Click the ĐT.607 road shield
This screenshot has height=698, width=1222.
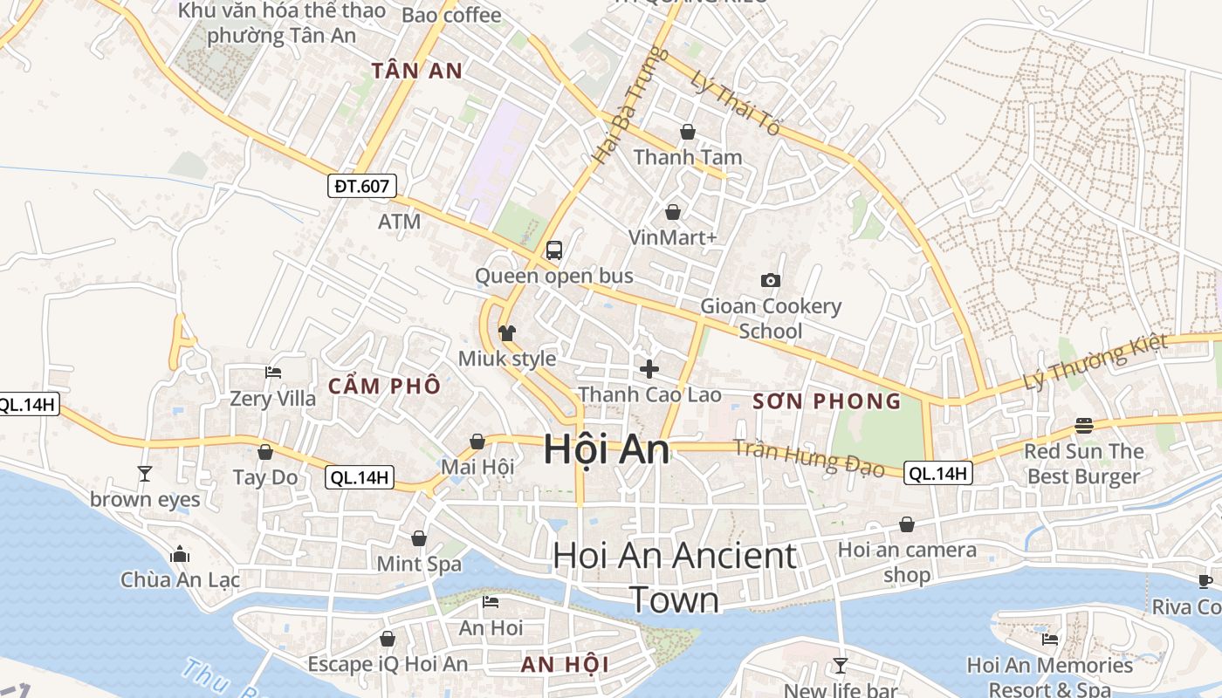(362, 185)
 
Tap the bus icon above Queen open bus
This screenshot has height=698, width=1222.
(553, 250)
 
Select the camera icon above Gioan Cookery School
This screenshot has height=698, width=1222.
(770, 280)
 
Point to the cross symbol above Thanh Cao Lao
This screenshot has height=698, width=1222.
(649, 368)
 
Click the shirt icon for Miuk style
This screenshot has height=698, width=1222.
(507, 332)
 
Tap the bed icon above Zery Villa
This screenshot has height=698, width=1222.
(272, 373)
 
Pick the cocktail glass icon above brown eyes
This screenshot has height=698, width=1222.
(145, 474)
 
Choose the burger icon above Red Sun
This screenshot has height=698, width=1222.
(1083, 426)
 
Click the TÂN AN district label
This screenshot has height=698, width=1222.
(416, 72)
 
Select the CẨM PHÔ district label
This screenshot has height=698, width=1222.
(384, 386)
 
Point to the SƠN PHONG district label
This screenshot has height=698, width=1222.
(826, 401)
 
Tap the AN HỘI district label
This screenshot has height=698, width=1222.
(565, 665)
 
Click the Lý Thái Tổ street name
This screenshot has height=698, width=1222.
(733, 103)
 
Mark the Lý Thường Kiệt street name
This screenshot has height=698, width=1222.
(1095, 362)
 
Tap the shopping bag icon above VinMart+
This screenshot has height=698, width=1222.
(673, 212)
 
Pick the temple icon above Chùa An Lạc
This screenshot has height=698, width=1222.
(180, 554)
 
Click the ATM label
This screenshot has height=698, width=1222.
(399, 222)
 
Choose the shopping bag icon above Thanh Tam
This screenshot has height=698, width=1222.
(688, 132)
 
